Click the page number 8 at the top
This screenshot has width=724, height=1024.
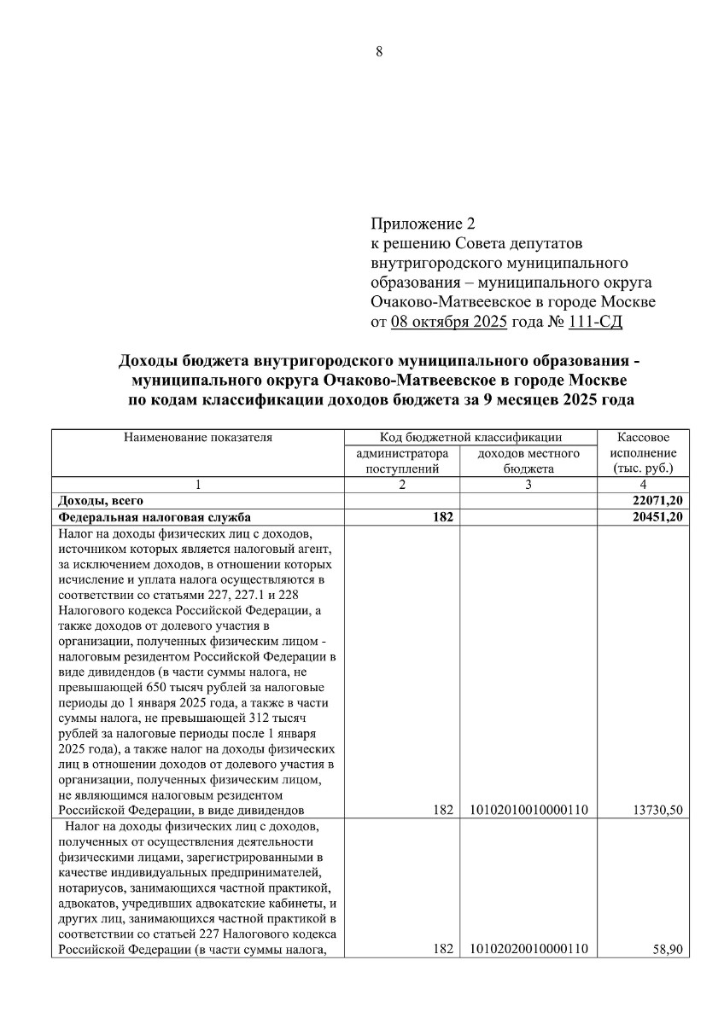tap(379, 51)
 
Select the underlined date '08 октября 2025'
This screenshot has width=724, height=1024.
tap(449, 323)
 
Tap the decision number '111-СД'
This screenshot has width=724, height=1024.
tap(609, 323)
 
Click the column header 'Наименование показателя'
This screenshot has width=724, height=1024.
tap(198, 438)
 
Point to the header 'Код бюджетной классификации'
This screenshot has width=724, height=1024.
tap(470, 438)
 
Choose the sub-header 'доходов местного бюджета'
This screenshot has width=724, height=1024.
tap(529, 461)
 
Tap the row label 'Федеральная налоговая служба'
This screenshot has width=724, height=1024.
tap(155, 516)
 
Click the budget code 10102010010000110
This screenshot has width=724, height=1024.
tap(529, 810)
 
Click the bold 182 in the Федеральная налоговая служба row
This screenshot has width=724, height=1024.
tap(441, 516)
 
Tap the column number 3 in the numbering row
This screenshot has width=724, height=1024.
tap(529, 485)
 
